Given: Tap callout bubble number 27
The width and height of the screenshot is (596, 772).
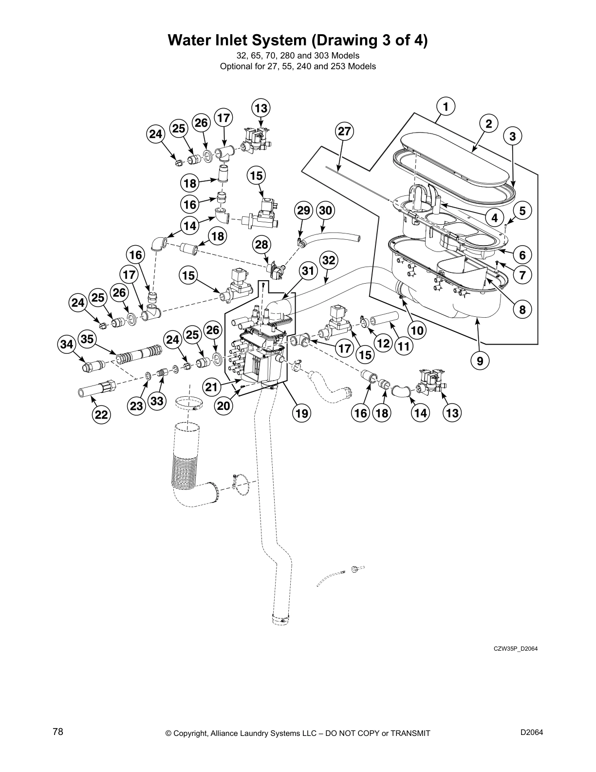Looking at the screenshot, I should click(x=344, y=132).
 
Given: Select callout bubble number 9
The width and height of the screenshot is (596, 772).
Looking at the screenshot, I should click(x=480, y=361).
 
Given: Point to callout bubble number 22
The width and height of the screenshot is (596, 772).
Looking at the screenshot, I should click(x=101, y=414).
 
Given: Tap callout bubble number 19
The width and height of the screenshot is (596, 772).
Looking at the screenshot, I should click(x=301, y=414).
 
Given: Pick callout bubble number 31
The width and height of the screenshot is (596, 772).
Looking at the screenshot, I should click(x=307, y=270).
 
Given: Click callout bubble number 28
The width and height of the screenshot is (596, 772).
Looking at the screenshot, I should click(x=261, y=244).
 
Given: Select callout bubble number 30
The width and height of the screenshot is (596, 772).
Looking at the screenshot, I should click(x=325, y=211).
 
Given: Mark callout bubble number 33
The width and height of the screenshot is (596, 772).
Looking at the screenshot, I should click(x=157, y=401).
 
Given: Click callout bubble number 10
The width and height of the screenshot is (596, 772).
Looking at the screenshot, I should click(x=417, y=331).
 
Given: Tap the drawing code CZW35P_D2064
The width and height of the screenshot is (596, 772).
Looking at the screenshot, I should click(x=514, y=648).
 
